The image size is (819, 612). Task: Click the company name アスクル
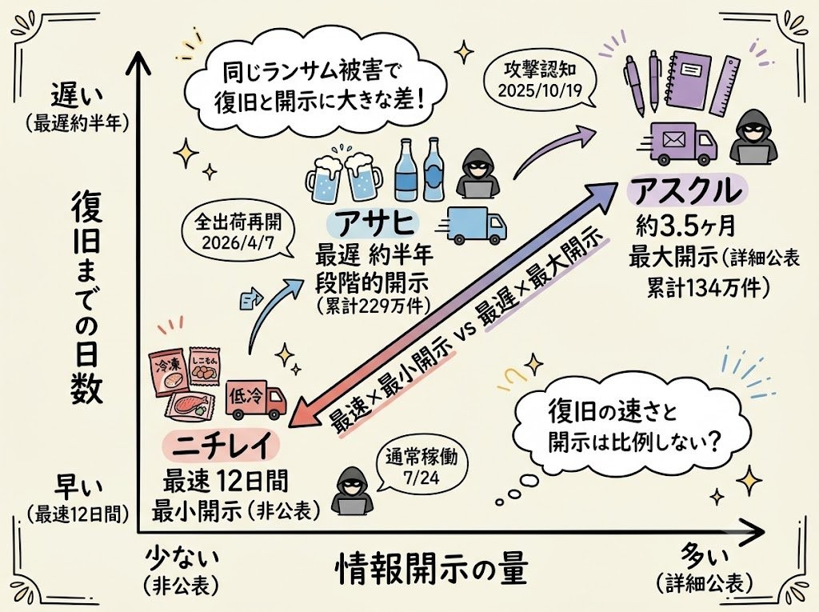[687, 192]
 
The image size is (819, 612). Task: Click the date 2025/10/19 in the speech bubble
[540, 90]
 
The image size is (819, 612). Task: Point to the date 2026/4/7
[238, 243]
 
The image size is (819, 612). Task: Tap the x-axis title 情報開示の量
[431, 570]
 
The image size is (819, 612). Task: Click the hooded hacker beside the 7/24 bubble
[352, 492]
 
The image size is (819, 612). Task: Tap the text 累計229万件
[373, 306]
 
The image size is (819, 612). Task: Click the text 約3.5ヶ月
[685, 226]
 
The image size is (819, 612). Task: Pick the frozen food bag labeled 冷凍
[167, 370]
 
